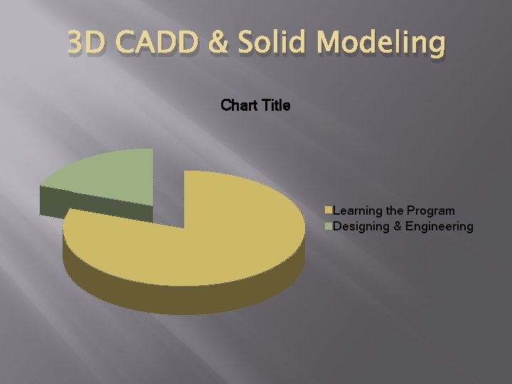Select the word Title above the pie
[x=277, y=106]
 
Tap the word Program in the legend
[x=431, y=211]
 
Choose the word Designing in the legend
[x=361, y=227]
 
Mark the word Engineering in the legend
[x=439, y=227]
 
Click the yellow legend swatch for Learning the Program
[x=329, y=210]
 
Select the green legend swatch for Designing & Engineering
[x=329, y=226]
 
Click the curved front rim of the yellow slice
[x=185, y=299]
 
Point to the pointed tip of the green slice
[x=152, y=205]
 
